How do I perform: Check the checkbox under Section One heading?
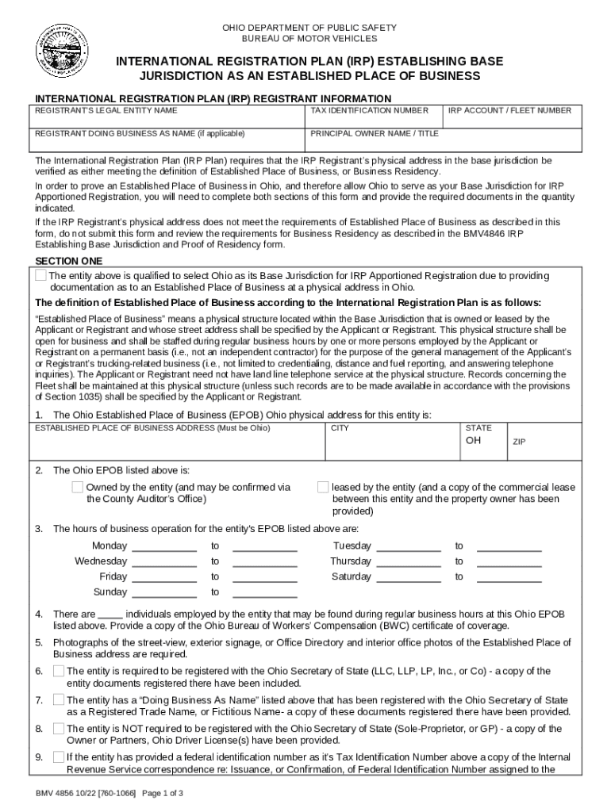(40, 276)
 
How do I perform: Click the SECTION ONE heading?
(69, 261)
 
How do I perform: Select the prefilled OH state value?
(473, 440)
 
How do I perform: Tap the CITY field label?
(340, 428)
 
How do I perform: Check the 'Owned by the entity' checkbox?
(78, 487)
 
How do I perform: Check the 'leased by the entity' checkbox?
(323, 487)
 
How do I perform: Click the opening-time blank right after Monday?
(163, 546)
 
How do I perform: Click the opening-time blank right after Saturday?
(409, 577)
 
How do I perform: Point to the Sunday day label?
(110, 592)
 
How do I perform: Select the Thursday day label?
(350, 561)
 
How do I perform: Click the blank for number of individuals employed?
(110, 615)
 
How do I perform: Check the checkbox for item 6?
(59, 671)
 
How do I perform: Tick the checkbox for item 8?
(59, 728)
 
